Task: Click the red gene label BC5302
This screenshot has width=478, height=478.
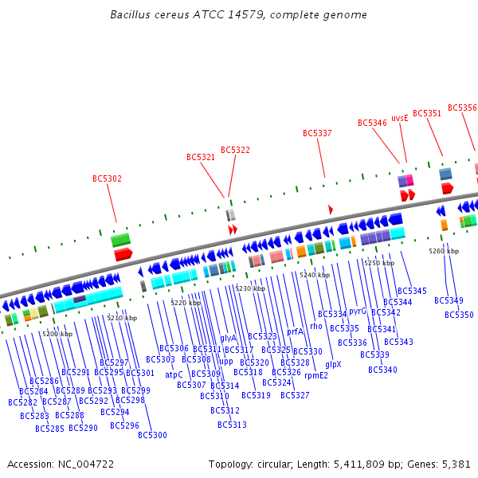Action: click(107, 178)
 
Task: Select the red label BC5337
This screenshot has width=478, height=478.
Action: click(317, 133)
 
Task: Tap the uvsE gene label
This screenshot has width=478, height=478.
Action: click(399, 117)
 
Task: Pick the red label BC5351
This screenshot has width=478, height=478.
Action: click(426, 113)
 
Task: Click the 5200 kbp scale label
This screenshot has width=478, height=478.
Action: click(57, 334)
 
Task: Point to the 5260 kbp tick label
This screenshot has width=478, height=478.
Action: click(444, 251)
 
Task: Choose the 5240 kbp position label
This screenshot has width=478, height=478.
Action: click(315, 275)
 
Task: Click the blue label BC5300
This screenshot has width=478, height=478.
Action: click(152, 435)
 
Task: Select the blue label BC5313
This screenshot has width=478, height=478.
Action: click(232, 425)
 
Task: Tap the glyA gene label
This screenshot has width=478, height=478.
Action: click(228, 338)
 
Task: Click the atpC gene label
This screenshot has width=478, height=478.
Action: click(174, 374)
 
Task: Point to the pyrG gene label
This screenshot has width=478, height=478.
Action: click(358, 311)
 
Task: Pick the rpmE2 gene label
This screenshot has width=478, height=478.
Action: click(315, 374)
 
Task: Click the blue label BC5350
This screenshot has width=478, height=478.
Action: click(459, 315)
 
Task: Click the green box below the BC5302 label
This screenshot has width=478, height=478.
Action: click(120, 239)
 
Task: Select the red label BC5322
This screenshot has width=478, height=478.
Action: click(235, 150)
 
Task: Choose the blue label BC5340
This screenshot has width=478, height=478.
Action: click(382, 370)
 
